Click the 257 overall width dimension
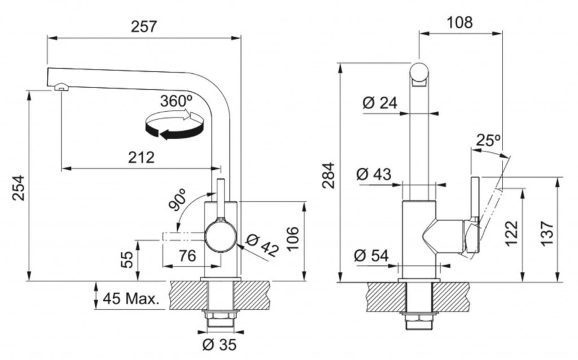144,27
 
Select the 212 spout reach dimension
141,157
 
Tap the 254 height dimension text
19,188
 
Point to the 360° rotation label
177,100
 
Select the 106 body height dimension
293,239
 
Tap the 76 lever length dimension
187,256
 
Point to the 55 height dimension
126,260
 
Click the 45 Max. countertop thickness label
130,298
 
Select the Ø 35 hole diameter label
220,345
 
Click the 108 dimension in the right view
459,23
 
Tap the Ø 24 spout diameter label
380,103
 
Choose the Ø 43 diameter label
374,174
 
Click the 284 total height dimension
328,175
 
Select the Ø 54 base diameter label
371,256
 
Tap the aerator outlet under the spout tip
61,87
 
